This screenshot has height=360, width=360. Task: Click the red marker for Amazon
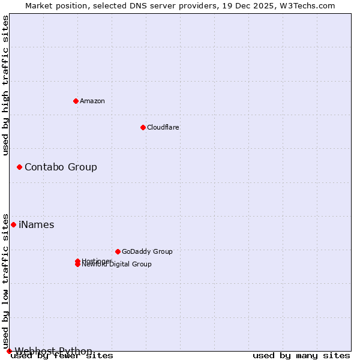pos(76,101)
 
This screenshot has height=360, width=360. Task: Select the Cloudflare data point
pos(143,127)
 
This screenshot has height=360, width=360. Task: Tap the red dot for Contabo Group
pos(19,167)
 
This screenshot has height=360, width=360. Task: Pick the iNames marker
pos(13,224)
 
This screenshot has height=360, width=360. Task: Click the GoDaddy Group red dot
pos(118,251)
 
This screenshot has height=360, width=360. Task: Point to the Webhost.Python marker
pos(9,351)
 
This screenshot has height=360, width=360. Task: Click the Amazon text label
pos(92,101)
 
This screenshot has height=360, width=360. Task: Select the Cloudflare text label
pos(163,127)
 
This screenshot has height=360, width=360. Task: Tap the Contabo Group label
pos(61,167)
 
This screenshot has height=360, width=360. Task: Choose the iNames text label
pos(37,225)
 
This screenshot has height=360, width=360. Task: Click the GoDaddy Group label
pos(147,251)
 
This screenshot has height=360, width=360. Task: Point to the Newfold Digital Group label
pos(117,265)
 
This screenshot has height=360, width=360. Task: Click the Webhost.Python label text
pos(53,351)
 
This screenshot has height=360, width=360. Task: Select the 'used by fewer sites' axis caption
pos(62,356)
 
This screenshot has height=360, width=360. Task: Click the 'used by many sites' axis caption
pos(301,356)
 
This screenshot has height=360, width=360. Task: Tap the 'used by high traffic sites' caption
pos(5,85)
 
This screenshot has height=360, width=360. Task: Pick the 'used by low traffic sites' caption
pos(5,281)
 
